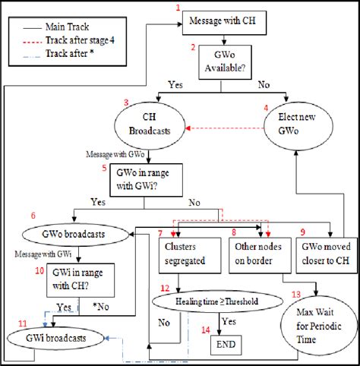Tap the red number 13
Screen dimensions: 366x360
295,295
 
